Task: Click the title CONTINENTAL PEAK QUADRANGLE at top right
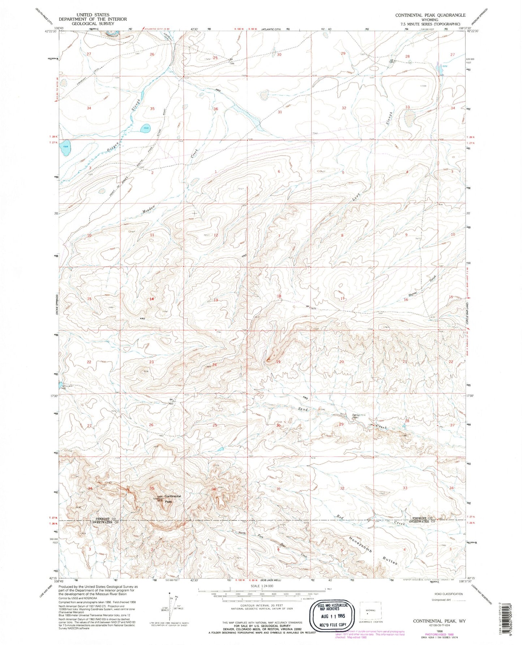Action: pos(430,15)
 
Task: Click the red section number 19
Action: pos(278,362)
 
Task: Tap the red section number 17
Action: pos(342,299)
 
